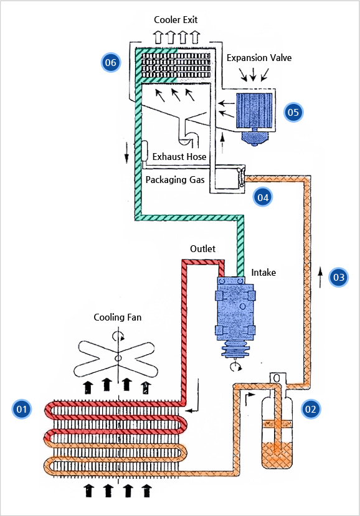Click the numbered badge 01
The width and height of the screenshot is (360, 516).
click(22, 409)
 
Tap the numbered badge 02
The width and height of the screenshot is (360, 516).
click(311, 409)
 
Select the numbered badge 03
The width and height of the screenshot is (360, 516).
click(339, 277)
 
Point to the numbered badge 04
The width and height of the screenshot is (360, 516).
click(263, 197)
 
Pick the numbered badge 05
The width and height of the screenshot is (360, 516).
click(293, 112)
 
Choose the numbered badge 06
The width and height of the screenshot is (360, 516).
click(111, 62)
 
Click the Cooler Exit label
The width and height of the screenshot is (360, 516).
click(176, 20)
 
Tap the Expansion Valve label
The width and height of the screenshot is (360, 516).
click(259, 58)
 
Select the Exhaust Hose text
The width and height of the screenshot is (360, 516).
click(179, 156)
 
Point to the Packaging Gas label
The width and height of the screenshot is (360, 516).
click(175, 180)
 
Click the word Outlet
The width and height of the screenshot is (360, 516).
click(202, 249)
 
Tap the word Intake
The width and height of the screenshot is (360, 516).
click(263, 273)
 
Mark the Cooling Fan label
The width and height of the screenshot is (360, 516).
click(118, 317)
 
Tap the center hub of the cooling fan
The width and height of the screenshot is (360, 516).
click(118, 358)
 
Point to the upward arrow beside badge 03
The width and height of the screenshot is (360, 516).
click(320, 278)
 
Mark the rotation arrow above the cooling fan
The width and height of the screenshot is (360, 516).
click(118, 336)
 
